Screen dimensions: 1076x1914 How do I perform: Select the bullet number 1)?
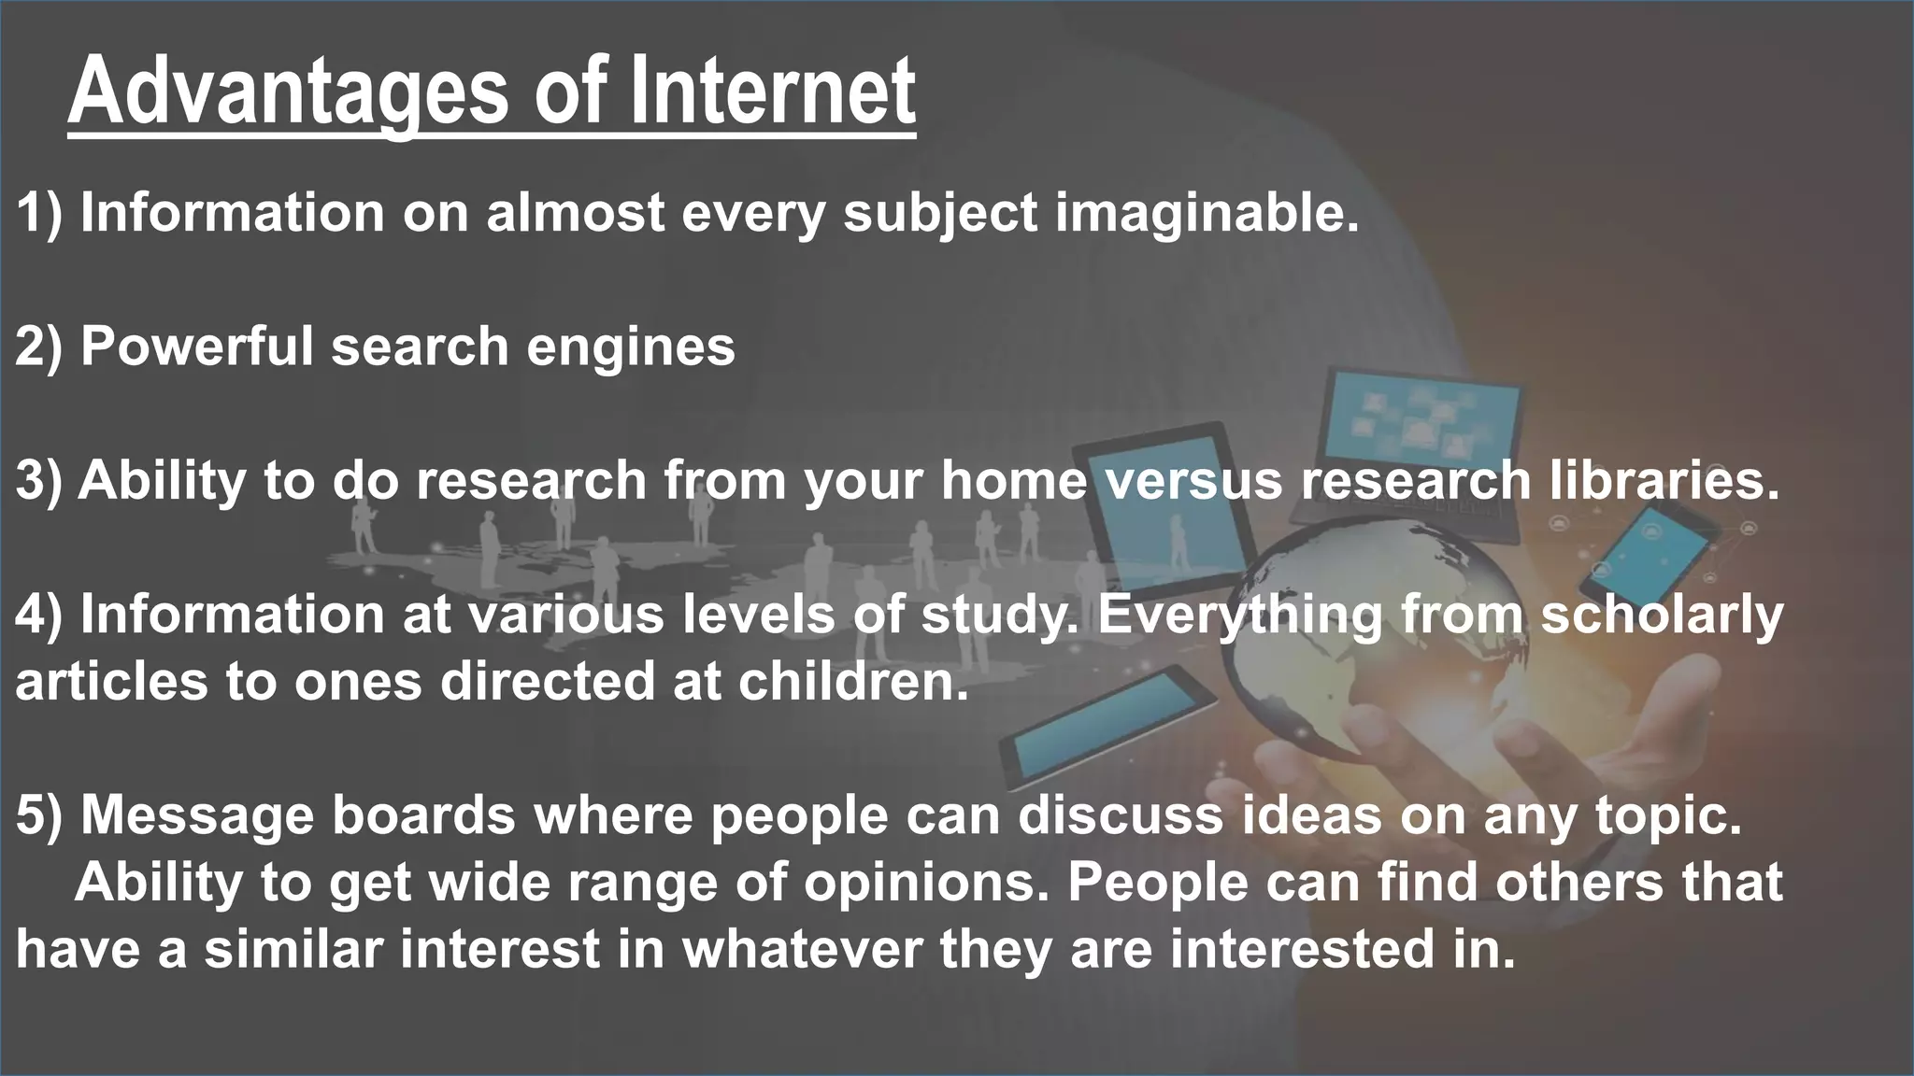38,213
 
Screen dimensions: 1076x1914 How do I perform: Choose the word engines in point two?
630,347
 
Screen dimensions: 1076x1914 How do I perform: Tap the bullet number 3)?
38,481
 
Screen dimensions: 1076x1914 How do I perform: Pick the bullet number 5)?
38,815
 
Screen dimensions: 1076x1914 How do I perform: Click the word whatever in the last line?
801,950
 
